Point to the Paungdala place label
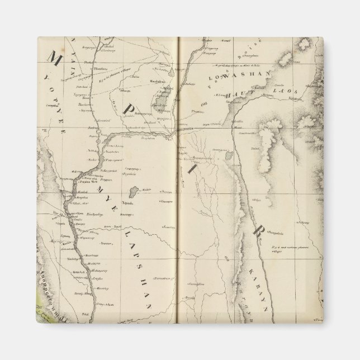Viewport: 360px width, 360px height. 277,229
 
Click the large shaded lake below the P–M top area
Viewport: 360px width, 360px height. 165,100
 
